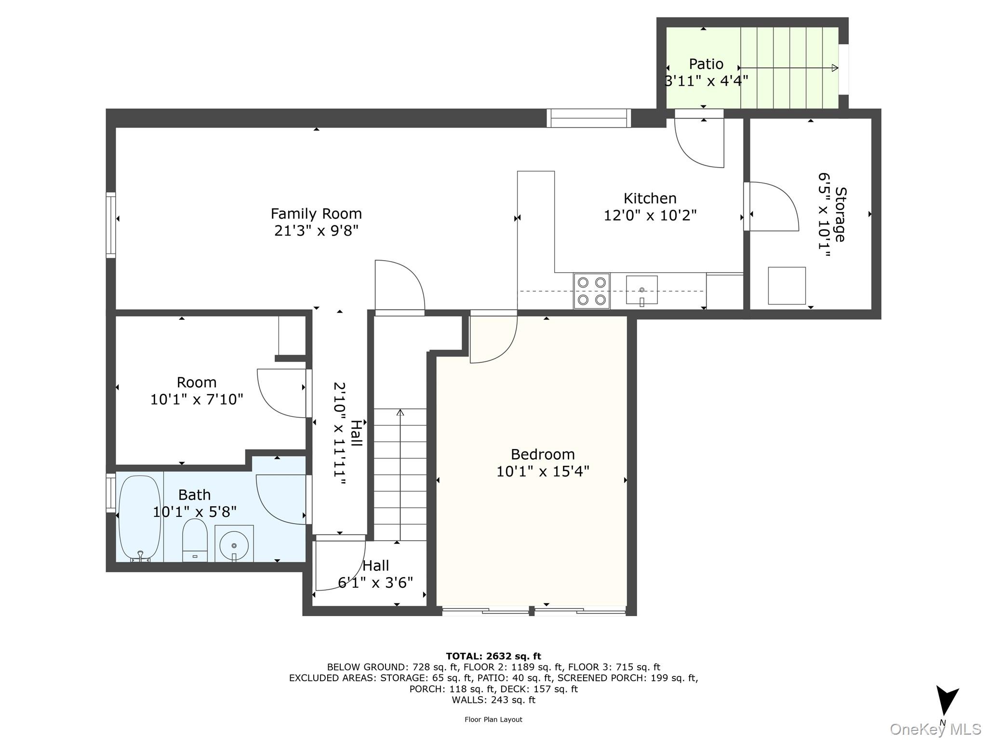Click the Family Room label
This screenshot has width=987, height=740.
click(x=316, y=213)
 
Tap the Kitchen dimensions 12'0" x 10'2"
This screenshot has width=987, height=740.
click(x=650, y=215)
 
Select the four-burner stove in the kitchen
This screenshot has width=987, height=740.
click(x=591, y=291)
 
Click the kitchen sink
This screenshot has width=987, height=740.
click(x=641, y=290)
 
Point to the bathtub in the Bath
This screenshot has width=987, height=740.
click(x=139, y=518)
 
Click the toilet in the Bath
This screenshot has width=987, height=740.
click(x=195, y=540)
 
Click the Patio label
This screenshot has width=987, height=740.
click(x=706, y=64)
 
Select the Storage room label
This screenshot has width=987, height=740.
click(x=840, y=214)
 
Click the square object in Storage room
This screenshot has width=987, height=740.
click(x=787, y=286)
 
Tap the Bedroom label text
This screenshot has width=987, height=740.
click(x=543, y=454)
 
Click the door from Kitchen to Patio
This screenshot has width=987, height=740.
click(x=699, y=142)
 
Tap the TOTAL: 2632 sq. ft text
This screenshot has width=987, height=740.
click(x=493, y=656)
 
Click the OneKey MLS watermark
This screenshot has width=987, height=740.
click(x=935, y=729)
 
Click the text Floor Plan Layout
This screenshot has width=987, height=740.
click(x=493, y=720)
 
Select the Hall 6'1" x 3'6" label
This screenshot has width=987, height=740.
click(x=375, y=574)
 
